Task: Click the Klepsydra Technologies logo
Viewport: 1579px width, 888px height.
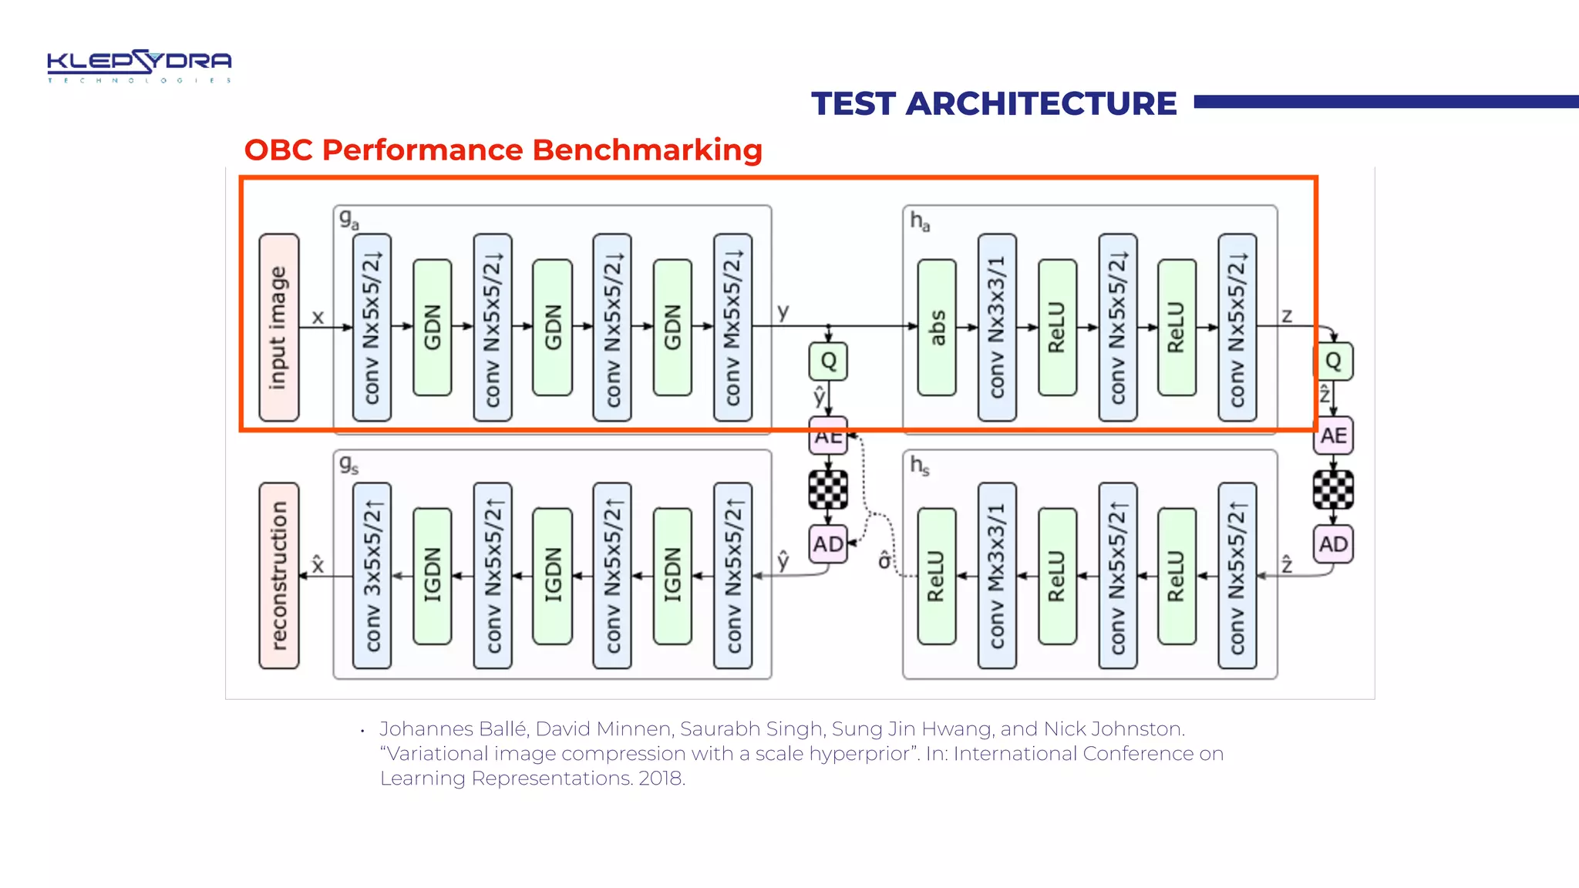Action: (x=139, y=66)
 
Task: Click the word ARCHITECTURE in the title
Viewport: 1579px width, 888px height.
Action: (x=1040, y=104)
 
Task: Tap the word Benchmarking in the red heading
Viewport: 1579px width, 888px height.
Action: (x=647, y=150)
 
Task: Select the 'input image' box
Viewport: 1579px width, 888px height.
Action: (x=278, y=328)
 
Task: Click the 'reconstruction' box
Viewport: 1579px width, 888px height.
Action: (x=278, y=576)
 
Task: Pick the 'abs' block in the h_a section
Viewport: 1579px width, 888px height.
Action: (x=937, y=328)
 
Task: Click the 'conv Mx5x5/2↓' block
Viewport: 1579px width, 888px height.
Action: (x=732, y=328)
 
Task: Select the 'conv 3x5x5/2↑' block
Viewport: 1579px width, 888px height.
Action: (x=372, y=576)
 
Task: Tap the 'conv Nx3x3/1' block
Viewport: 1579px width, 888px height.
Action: (x=997, y=328)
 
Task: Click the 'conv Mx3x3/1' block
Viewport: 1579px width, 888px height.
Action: (x=997, y=576)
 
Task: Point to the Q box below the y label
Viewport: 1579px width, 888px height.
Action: (x=828, y=361)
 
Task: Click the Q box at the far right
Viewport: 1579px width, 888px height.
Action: (x=1333, y=361)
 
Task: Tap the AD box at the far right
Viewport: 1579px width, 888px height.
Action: (x=1333, y=544)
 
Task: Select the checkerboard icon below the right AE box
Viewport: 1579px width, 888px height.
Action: (x=1333, y=489)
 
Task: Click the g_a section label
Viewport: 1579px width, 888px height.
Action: (x=348, y=220)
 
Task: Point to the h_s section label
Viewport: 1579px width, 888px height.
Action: (x=919, y=465)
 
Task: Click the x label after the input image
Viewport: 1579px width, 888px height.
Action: (x=318, y=317)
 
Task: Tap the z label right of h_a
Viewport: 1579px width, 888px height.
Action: (x=1286, y=315)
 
